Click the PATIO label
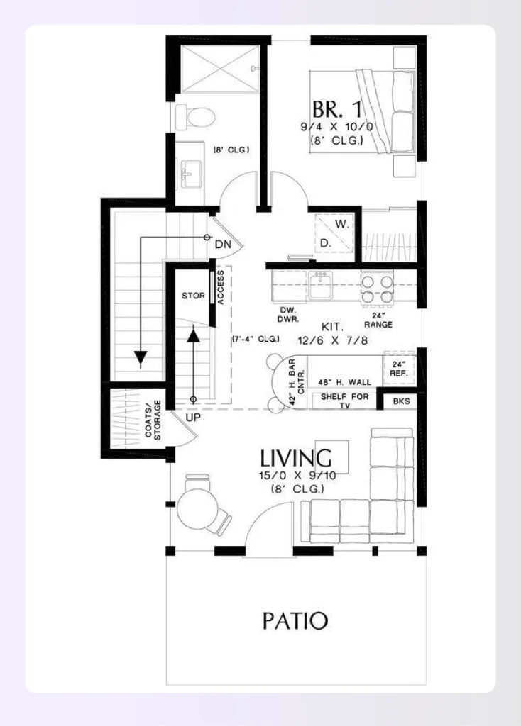pos(295,621)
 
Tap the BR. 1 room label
pos(336,111)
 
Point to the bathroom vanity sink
pos(190,171)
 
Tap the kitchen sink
pos(322,286)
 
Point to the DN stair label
pos(224,244)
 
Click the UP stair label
pos(193,417)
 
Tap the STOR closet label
pos(193,296)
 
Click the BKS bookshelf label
pos(401,401)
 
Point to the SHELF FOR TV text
pos(344,401)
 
